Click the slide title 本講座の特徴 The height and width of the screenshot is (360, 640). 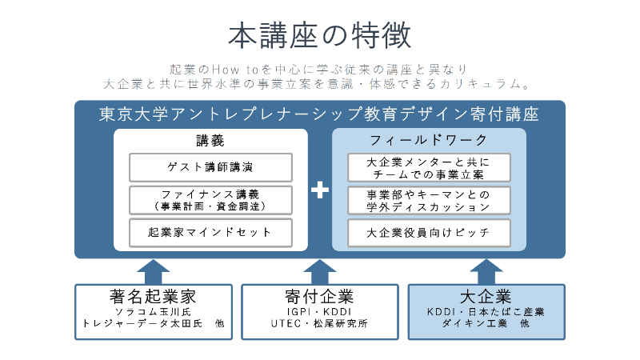[319, 35]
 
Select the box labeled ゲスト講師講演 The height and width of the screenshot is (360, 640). [211, 167]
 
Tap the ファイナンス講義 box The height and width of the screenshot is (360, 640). [211, 199]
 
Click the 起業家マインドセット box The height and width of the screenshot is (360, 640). [211, 232]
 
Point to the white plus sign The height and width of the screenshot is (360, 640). [320, 190]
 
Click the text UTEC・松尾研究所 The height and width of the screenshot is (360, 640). [319, 324]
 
